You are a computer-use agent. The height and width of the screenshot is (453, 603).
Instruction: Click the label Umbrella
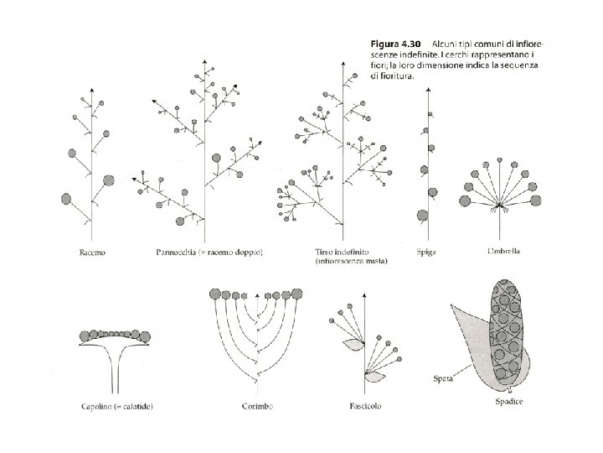point(504,251)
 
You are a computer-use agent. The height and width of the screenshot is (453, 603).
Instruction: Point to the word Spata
point(443,378)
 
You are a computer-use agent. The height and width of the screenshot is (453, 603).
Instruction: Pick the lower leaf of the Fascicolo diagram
point(374,377)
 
